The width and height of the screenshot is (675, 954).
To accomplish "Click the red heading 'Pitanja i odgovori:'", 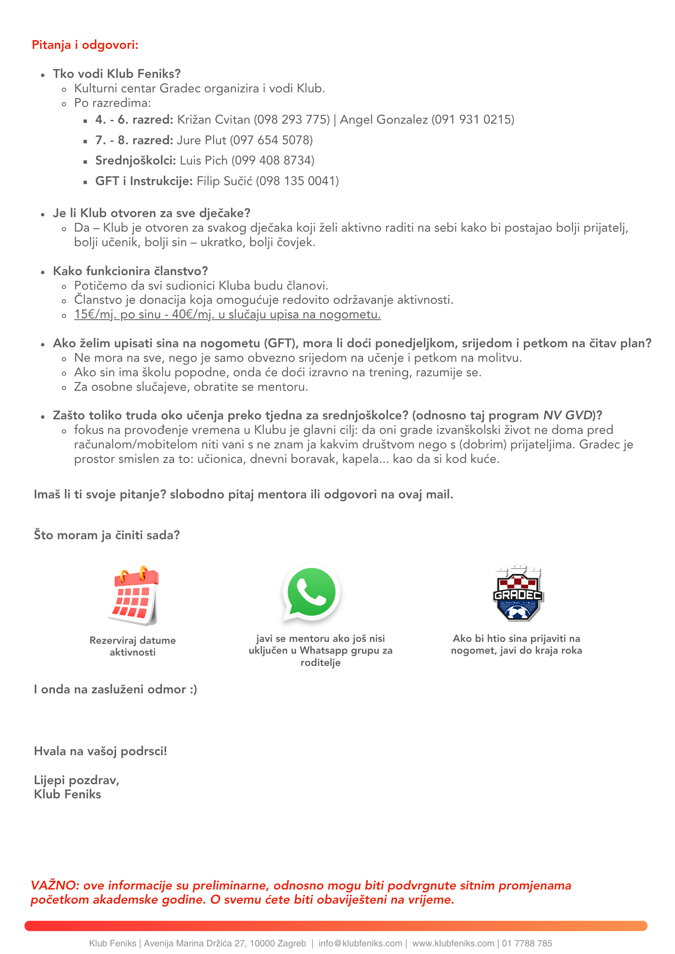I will pos(85,45).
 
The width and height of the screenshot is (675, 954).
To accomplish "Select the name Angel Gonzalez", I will pos(384,120).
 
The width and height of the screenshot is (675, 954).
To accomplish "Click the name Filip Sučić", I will pos(224,181).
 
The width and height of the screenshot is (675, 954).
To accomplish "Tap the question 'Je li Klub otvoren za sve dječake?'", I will pos(151,213).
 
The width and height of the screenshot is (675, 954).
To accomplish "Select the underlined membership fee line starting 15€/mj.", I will pos(228,314).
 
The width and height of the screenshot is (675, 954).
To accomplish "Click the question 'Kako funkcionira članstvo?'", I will pos(130,271).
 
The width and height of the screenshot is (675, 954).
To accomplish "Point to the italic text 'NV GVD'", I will pos(568,416).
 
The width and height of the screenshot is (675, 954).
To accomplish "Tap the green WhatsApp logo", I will pos(311,593).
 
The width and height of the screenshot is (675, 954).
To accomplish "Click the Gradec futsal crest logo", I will pos(518,593).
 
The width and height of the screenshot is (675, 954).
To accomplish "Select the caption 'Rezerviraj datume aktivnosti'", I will pos(132,646).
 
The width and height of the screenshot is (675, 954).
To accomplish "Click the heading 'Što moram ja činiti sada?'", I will pos(107,535).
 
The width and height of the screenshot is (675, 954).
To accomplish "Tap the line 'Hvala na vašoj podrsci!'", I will pos(100,751).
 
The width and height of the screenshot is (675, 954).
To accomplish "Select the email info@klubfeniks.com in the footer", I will pos(360,944).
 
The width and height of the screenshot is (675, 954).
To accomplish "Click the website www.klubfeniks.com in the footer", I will pos(453,944).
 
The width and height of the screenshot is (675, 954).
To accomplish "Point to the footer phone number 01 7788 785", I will pos(527,944).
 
